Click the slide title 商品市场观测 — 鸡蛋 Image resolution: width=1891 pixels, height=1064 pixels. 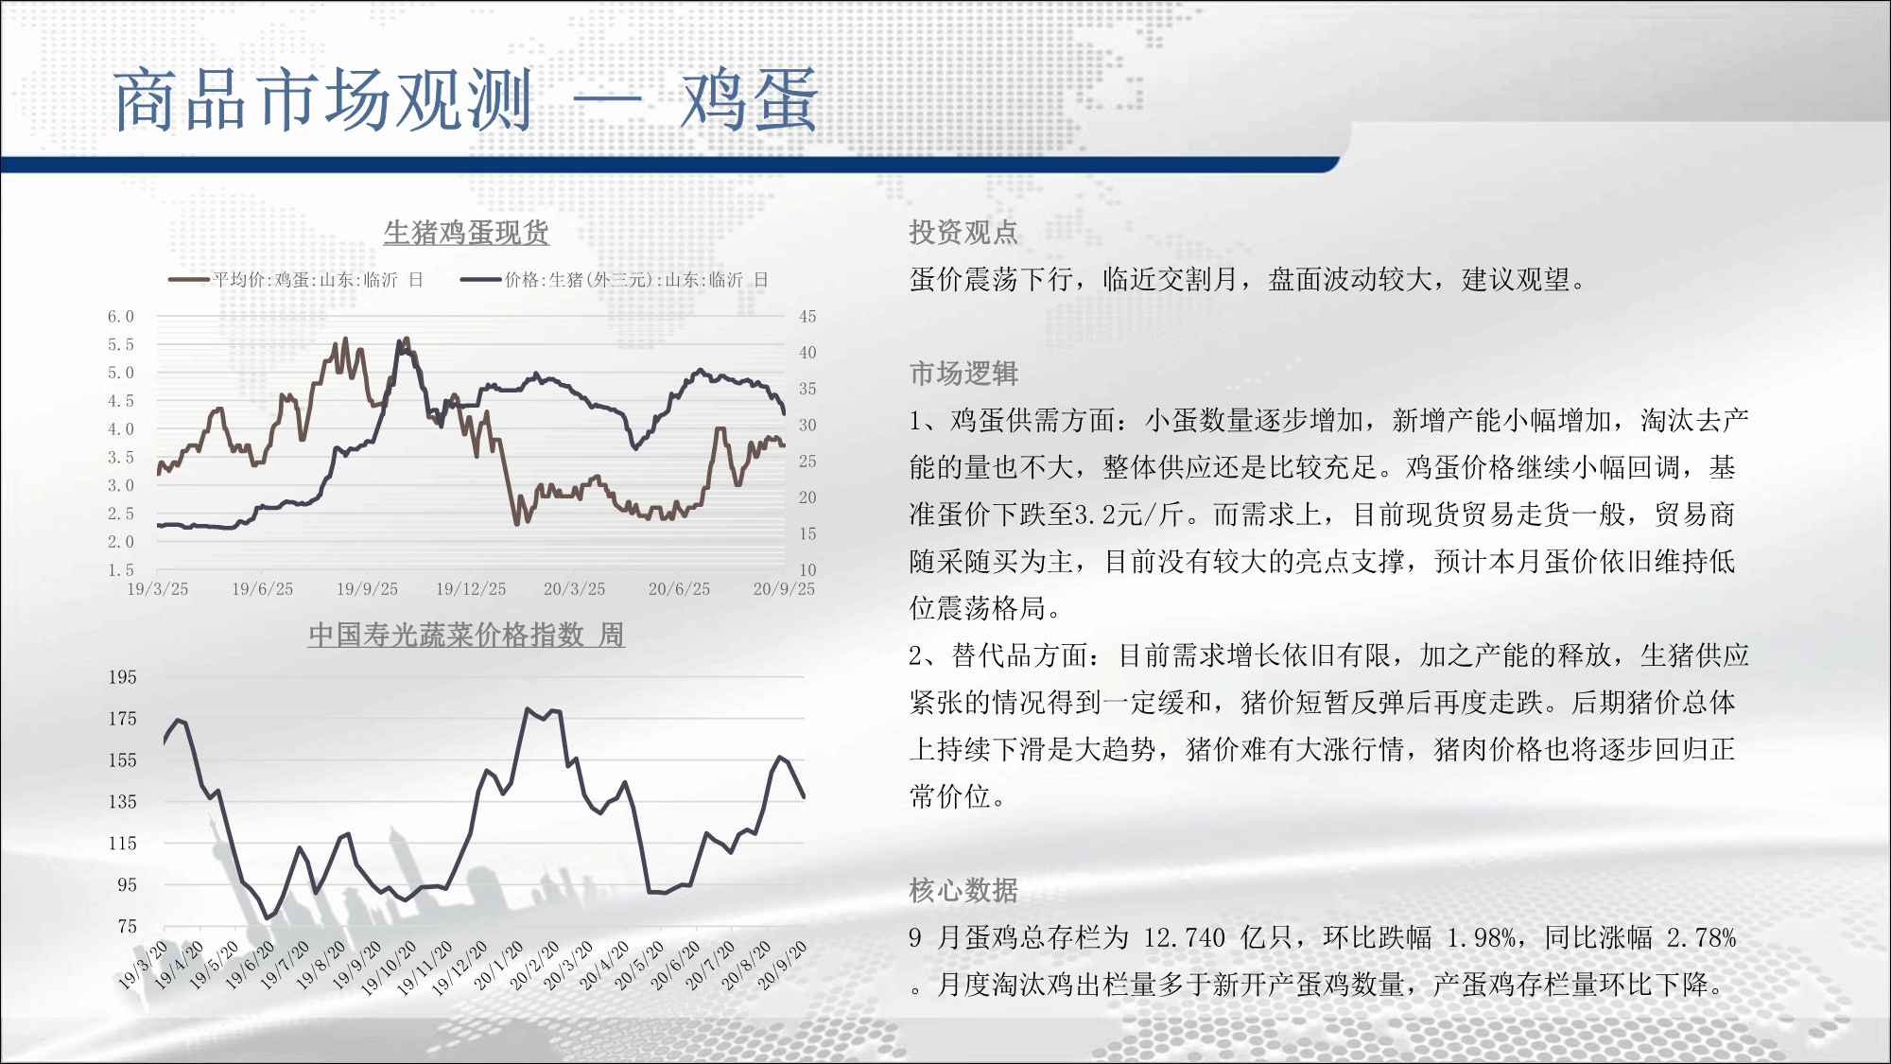click(465, 100)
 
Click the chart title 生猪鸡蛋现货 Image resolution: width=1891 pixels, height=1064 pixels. click(466, 233)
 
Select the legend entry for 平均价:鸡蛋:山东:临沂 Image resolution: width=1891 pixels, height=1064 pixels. click(296, 280)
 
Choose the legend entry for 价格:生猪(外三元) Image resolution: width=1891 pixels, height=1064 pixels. click(615, 280)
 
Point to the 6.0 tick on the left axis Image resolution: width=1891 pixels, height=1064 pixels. click(121, 317)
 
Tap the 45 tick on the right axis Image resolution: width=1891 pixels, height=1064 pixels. click(807, 317)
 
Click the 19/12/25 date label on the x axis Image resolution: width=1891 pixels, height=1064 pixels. click(471, 589)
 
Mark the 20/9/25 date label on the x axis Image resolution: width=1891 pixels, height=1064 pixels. click(784, 589)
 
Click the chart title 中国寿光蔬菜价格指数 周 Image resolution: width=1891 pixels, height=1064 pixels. click(466, 635)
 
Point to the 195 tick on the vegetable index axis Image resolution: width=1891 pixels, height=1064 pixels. click(122, 677)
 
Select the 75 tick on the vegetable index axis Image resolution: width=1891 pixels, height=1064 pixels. click(127, 927)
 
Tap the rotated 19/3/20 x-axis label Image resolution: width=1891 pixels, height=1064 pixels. click(143, 966)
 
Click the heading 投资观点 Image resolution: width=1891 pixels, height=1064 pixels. click(963, 233)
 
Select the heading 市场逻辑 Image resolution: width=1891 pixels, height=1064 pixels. click(963, 374)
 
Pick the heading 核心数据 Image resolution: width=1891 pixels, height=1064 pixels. click(963, 890)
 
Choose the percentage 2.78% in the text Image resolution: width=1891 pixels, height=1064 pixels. click(1702, 938)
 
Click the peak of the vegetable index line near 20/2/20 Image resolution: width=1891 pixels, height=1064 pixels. click(528, 708)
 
